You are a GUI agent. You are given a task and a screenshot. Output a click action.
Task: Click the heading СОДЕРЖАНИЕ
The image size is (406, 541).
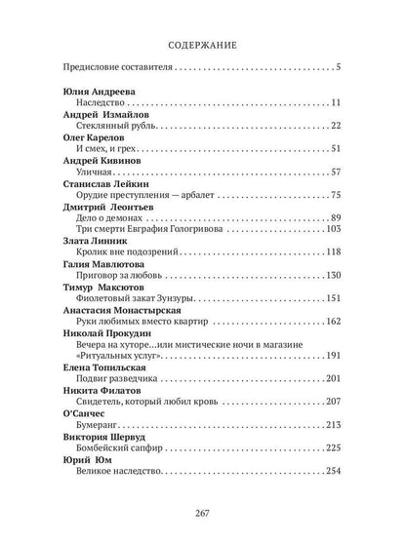(x=203, y=43)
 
